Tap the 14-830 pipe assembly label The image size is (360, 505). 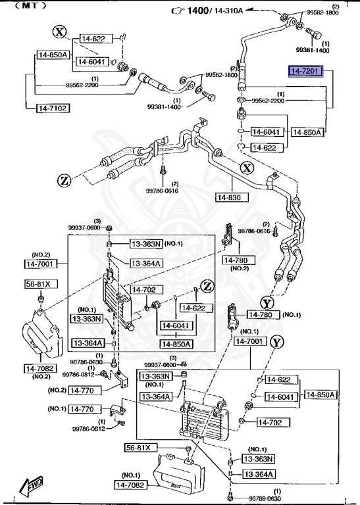pyautogui.click(x=230, y=197)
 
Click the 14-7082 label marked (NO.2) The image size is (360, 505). pyautogui.click(x=41, y=368)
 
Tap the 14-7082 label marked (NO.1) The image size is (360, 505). pyautogui.click(x=133, y=485)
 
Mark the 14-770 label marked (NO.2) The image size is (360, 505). pyautogui.click(x=84, y=390)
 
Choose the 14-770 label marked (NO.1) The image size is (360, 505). pyautogui.click(x=84, y=409)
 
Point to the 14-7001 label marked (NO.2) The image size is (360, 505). pyautogui.click(x=41, y=264)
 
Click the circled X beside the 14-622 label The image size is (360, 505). pyautogui.click(x=61, y=32)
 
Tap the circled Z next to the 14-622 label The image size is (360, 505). pyautogui.click(x=207, y=286)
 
